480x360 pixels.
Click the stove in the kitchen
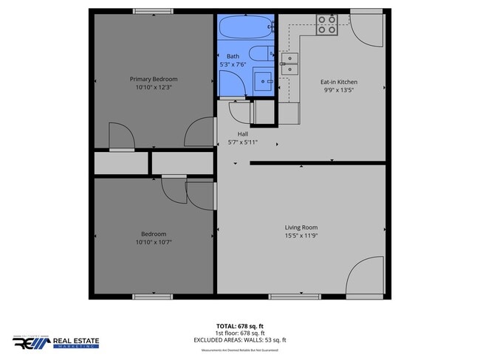(x=327, y=26)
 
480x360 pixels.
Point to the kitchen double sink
(x=289, y=64)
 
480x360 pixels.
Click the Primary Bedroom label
(x=154, y=79)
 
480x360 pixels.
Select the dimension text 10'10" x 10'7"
(x=154, y=242)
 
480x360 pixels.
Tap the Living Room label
(x=301, y=227)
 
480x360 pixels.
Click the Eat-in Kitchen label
(x=339, y=82)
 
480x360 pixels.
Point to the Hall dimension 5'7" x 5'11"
(x=243, y=142)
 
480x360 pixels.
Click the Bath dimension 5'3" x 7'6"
(x=233, y=65)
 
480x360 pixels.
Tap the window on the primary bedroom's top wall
(x=154, y=11)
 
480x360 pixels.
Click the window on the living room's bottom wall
(x=289, y=297)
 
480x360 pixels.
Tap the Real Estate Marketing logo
(x=55, y=342)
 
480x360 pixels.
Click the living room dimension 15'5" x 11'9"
(x=301, y=236)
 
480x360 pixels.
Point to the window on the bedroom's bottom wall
(x=153, y=297)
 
